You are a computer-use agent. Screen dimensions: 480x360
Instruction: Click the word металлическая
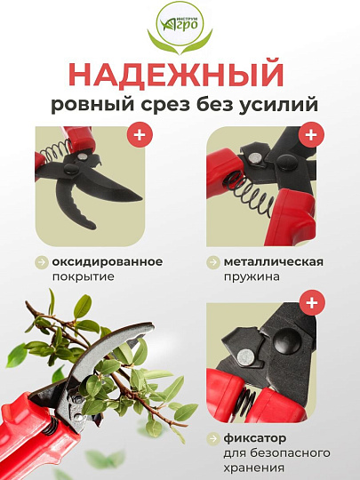pyautogui.click(x=273, y=261)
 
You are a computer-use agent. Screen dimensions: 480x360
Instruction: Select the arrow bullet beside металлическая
pyautogui.click(x=213, y=262)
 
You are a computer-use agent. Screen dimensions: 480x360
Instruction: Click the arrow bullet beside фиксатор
pyautogui.click(x=213, y=438)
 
